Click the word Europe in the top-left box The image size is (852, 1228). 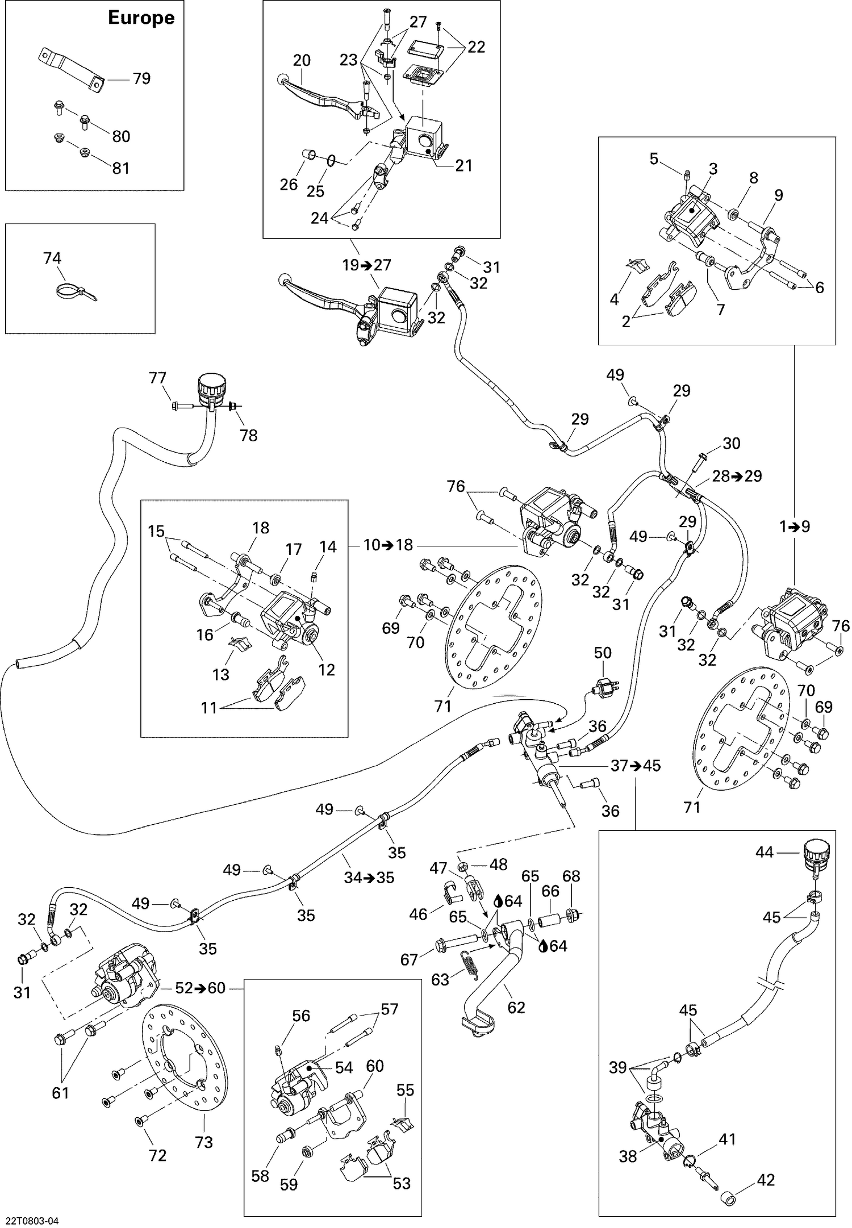(141, 18)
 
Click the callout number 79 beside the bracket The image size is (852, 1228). (141, 78)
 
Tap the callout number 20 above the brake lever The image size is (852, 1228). (302, 60)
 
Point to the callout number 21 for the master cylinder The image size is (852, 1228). (463, 165)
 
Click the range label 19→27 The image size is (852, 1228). (367, 265)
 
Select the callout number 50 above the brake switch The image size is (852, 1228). (603, 653)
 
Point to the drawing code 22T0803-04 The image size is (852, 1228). (33, 1218)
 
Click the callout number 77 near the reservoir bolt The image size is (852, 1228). (157, 378)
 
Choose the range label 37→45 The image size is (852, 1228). (636, 766)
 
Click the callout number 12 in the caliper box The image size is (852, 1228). (327, 670)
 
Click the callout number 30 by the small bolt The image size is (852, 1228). (732, 443)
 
